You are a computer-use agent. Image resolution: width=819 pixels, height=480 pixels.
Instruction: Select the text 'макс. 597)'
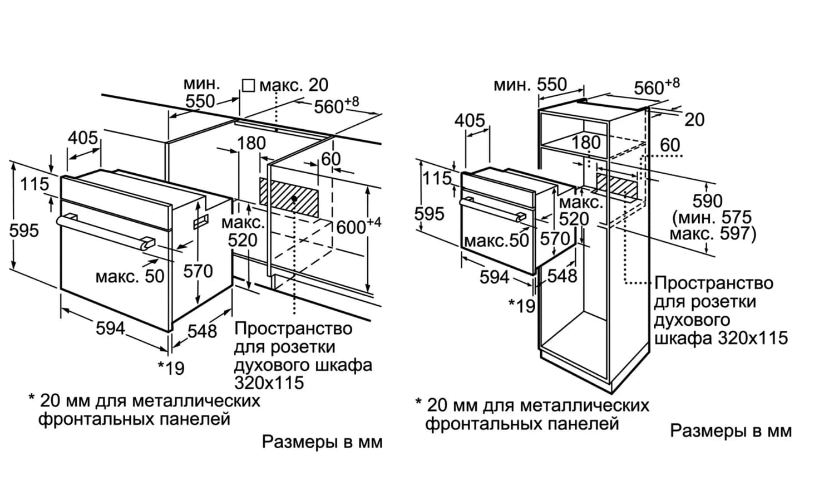coord(713,233)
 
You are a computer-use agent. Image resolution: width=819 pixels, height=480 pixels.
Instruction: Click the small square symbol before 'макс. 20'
coord(248,85)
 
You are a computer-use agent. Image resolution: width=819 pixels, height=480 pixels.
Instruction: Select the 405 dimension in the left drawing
coord(83,138)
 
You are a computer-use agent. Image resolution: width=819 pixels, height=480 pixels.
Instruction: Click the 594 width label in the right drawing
coord(495,276)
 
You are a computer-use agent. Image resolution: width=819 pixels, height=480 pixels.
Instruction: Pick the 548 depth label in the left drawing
coord(202,331)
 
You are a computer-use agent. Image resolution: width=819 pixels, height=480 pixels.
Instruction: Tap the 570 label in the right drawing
coord(555,239)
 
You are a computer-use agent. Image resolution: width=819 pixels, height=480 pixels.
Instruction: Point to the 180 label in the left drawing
coord(251,143)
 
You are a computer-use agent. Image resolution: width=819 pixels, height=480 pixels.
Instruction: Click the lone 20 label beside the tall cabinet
coord(694,119)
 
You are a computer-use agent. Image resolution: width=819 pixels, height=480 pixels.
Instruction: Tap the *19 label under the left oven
coord(171,367)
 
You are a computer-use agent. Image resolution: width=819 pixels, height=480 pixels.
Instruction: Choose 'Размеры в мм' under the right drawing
coord(731,430)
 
